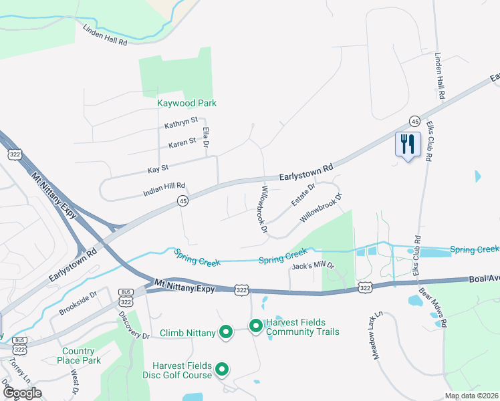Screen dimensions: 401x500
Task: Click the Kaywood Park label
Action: coord(186,103)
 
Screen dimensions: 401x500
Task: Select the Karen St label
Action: coord(182,142)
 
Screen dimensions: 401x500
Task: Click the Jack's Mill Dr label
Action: coord(312,267)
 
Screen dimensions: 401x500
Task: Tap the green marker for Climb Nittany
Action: coord(226,332)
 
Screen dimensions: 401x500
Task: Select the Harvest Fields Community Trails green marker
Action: coord(255,327)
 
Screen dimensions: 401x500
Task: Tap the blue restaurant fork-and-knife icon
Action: coord(407,144)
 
